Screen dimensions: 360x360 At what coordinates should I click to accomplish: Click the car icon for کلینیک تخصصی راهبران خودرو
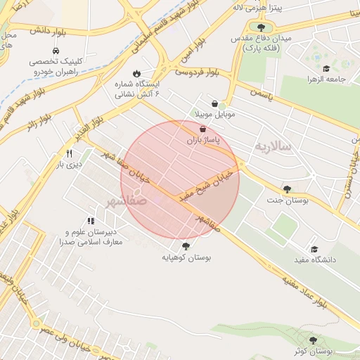[56, 51]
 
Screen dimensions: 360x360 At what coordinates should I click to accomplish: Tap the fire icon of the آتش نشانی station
[136, 73]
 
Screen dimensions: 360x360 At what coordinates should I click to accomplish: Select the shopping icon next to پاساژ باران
[203, 130]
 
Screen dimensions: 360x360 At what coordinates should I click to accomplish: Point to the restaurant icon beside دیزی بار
[69, 153]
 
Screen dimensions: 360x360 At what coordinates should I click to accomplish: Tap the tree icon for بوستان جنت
[287, 189]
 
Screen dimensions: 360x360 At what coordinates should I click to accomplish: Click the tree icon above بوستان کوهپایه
[186, 245]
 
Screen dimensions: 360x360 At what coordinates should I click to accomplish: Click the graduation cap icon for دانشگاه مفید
[314, 250]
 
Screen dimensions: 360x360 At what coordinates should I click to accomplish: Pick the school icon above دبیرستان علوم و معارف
[91, 221]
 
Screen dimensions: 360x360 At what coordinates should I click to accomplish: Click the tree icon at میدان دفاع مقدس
[261, 27]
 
